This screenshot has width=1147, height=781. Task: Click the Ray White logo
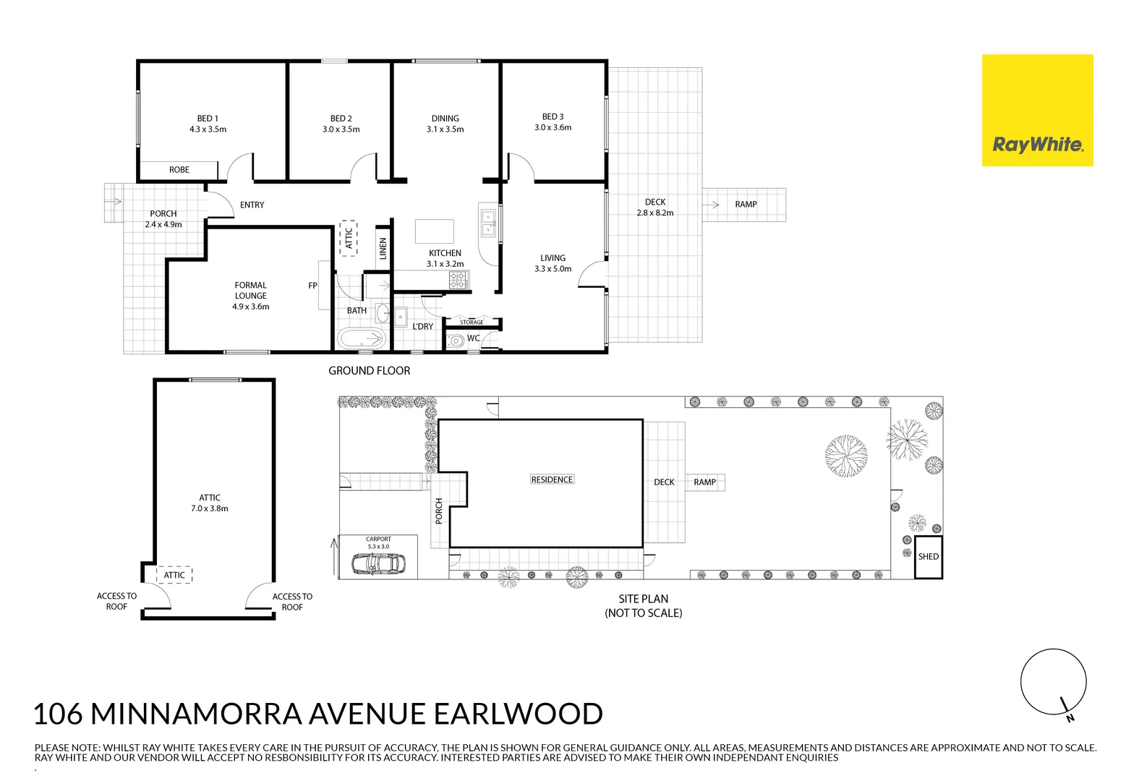[x=1037, y=111]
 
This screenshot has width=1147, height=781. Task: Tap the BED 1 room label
[x=208, y=124]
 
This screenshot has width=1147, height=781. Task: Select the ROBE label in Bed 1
[x=179, y=170]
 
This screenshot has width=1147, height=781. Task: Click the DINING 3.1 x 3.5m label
[x=445, y=124]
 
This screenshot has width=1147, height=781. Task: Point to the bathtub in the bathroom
[x=361, y=338]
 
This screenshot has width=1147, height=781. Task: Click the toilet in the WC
[x=456, y=341]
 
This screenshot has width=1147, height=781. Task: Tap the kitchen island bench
[x=434, y=231]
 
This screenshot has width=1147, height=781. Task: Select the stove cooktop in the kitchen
[x=459, y=281]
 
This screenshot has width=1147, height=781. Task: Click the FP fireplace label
[x=312, y=286]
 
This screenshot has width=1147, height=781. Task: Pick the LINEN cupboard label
[x=383, y=248]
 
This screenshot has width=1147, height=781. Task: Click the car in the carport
[x=378, y=563]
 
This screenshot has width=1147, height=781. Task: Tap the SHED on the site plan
[x=928, y=557]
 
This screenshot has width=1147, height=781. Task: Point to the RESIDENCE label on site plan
[x=552, y=479]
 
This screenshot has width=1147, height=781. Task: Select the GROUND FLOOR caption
[x=369, y=371]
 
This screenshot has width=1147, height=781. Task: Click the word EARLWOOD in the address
[x=518, y=714]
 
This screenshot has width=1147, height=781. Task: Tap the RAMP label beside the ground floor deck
[x=746, y=205]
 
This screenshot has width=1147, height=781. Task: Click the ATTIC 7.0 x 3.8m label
[x=210, y=503]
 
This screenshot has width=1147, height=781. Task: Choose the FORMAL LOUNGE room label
[x=250, y=296]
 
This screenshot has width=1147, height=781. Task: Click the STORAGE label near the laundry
[x=472, y=323]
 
